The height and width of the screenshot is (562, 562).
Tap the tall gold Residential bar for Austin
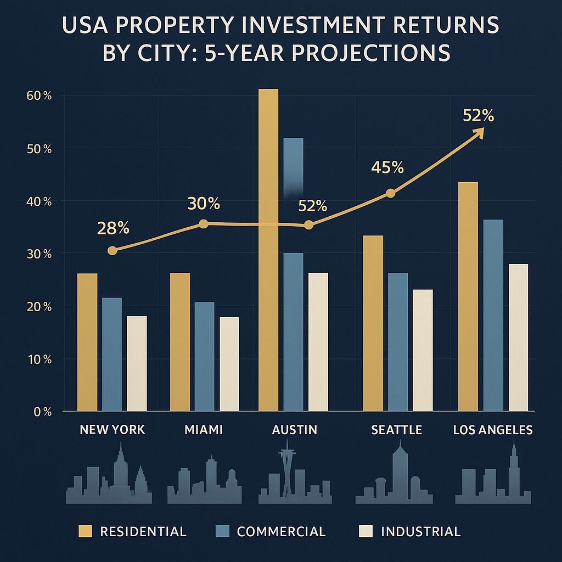click(x=268, y=250)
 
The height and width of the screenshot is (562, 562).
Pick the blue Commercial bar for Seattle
click(x=398, y=341)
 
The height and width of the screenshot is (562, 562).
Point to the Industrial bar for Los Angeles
click(x=518, y=337)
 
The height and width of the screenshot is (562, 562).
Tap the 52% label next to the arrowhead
click(x=478, y=116)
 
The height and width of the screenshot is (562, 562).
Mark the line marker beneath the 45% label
click(x=390, y=193)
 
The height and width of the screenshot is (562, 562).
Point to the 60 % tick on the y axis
click(x=39, y=96)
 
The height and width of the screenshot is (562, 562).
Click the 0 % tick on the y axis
click(x=42, y=412)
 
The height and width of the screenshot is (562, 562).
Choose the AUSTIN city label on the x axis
click(x=295, y=430)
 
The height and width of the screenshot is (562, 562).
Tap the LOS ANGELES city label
click(x=493, y=430)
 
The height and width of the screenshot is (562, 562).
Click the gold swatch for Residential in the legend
click(x=86, y=531)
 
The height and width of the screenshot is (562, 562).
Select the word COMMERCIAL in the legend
click(x=281, y=531)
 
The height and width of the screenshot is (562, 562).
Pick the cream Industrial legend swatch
click(x=365, y=531)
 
